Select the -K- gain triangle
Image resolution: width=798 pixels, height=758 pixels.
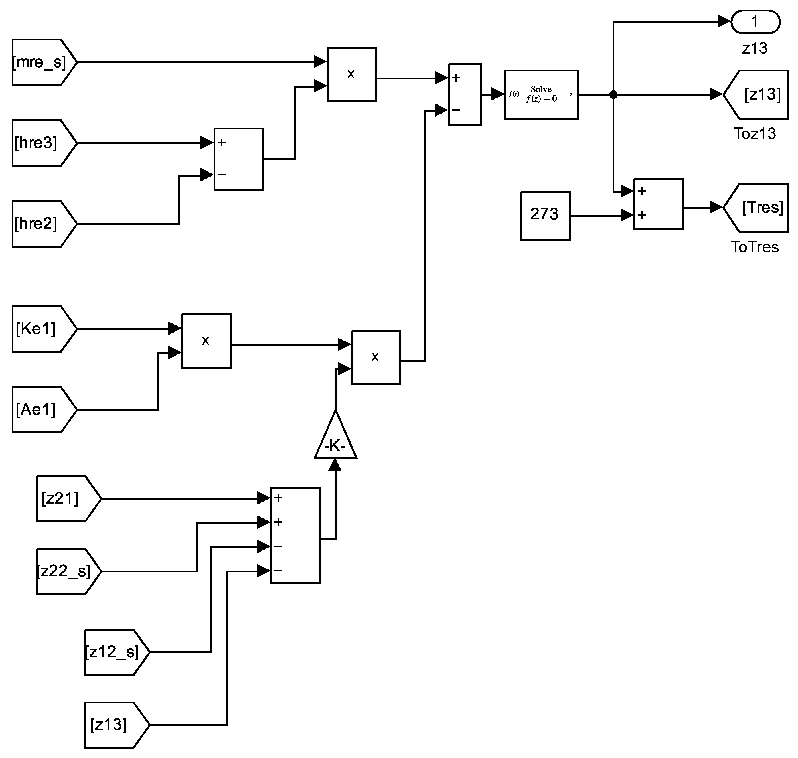coord(335,440)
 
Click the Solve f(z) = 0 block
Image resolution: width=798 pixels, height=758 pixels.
coord(541,95)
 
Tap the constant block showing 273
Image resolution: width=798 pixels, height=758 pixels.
coord(545,216)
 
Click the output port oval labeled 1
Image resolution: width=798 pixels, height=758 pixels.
coord(755,22)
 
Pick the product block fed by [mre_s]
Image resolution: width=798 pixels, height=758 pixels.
coord(351,74)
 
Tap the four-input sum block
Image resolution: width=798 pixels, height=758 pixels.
coord(295,535)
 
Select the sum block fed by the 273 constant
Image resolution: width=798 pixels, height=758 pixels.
coord(658,204)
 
